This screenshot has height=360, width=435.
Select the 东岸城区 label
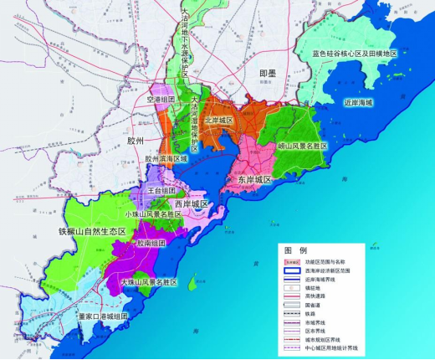click(254, 180)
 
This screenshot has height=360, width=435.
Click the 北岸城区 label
click(220, 121)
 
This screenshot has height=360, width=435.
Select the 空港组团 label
click(160, 100)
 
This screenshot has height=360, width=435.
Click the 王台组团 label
click(161, 191)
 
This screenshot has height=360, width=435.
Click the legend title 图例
click(296, 250)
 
